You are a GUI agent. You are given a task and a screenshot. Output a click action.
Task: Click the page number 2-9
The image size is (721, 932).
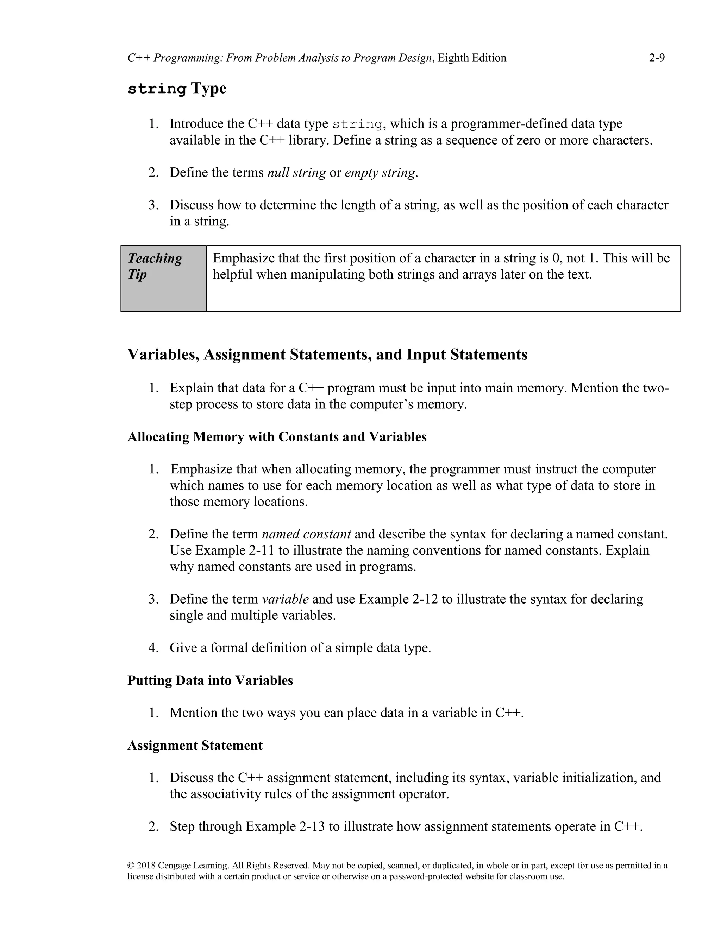coord(657,58)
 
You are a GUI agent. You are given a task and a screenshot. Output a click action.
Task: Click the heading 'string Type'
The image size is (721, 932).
coord(177,89)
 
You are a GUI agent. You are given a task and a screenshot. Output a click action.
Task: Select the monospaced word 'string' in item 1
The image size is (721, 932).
coord(357,124)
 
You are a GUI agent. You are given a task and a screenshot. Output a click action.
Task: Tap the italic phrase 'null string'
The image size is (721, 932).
coord(296,173)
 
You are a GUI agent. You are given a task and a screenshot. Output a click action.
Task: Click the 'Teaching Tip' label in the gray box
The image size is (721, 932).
coord(155,266)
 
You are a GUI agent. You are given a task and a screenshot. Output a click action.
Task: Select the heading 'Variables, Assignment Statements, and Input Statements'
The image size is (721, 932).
coord(327,355)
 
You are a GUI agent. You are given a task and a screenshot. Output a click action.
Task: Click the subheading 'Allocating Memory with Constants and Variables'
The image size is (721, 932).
coord(277,437)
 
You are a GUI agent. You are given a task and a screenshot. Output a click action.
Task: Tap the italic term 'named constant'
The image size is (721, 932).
coord(306,534)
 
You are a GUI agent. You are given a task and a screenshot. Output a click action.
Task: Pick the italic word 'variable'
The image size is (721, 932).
coord(285,599)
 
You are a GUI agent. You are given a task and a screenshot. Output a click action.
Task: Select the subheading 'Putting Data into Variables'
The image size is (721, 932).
coord(210,680)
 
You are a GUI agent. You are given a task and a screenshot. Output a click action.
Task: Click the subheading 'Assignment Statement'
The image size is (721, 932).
coord(195,746)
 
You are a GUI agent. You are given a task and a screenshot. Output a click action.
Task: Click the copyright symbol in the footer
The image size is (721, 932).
coord(131,866)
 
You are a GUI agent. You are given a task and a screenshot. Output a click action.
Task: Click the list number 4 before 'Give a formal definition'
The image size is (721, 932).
coord(153,648)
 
